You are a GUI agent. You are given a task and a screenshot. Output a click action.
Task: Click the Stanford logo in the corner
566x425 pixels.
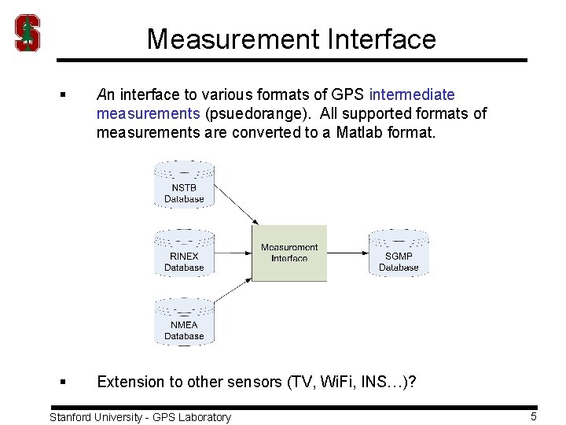tap(28, 33)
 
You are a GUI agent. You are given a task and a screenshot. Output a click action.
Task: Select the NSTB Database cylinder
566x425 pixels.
tap(184, 184)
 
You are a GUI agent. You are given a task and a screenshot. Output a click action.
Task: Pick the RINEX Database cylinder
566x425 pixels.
tap(184, 253)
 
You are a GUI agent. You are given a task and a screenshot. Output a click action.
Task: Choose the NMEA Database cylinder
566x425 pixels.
tap(184, 321)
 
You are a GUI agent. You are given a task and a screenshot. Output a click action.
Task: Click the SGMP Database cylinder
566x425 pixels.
tap(399, 253)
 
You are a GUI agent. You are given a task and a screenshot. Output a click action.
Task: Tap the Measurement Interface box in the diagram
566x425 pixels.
tap(289, 253)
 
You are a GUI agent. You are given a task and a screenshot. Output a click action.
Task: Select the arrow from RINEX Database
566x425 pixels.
tap(233, 253)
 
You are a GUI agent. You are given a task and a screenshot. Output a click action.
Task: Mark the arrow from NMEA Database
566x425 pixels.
tap(236, 298)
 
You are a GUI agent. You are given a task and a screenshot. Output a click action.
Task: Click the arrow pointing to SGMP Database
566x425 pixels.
tap(347, 253)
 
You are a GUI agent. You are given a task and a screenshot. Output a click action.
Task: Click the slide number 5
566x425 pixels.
tap(534, 416)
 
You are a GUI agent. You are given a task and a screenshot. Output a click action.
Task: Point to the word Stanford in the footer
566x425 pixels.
tap(74, 417)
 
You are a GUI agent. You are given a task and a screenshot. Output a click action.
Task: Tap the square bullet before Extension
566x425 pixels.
tap(62, 382)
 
